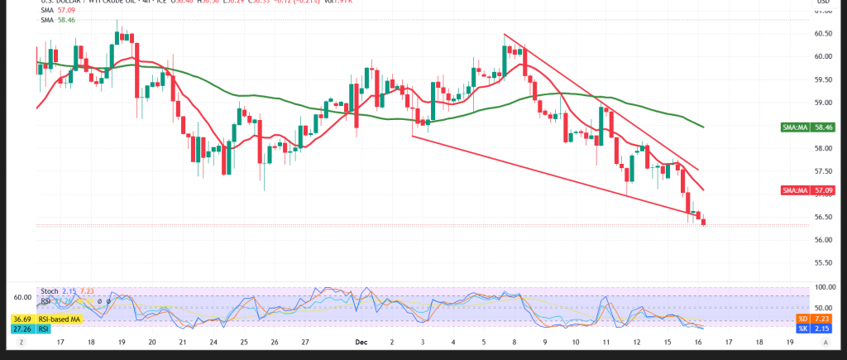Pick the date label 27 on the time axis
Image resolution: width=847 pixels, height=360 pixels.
(305, 341)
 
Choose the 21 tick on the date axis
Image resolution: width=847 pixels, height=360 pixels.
(183, 341)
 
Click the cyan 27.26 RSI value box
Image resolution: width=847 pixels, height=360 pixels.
(21, 329)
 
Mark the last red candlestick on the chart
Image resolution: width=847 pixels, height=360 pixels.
(703, 221)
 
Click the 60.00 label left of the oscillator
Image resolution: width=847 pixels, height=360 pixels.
(22, 297)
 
